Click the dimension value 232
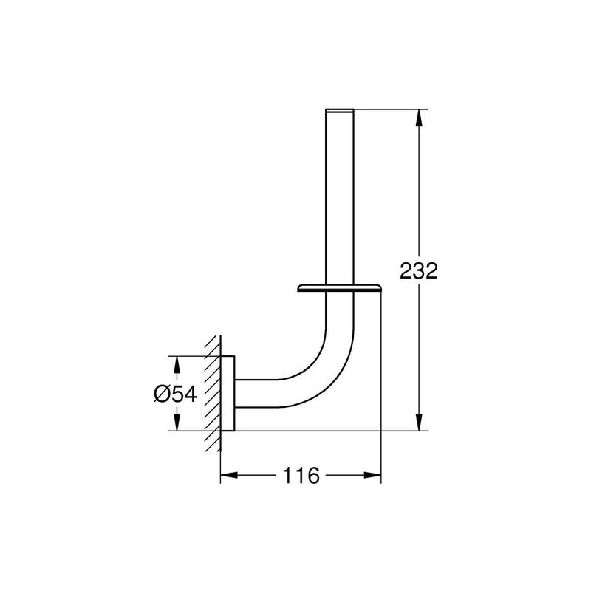click(419, 270)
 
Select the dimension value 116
click(301, 476)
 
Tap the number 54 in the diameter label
click(185, 394)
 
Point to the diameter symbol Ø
click(163, 394)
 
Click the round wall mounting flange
click(228, 393)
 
